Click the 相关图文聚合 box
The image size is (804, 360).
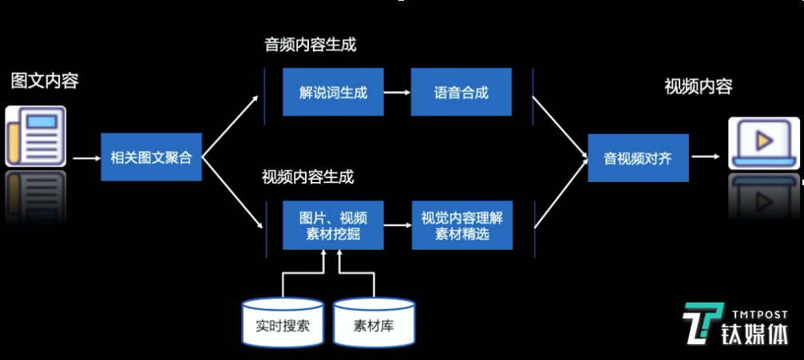[152, 157]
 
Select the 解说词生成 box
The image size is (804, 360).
[333, 93]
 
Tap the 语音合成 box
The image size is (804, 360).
[461, 93]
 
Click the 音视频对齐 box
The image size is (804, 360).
[638, 158]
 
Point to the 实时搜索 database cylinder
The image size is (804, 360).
[283, 325]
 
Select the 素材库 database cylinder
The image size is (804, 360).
[374, 325]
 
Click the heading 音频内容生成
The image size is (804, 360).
[310, 45]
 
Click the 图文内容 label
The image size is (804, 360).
[45, 81]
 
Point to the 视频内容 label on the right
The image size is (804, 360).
[698, 87]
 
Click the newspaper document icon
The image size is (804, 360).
[36, 136]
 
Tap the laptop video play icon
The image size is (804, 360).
[763, 141]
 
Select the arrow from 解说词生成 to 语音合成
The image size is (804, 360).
[397, 93]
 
